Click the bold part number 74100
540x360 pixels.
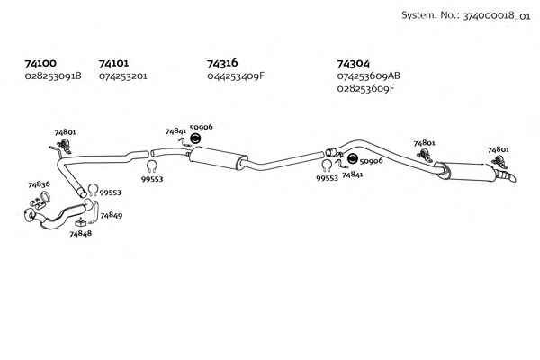(40, 63)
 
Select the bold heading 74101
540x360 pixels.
(113, 63)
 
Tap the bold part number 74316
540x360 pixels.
(222, 63)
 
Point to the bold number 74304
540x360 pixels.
(353, 64)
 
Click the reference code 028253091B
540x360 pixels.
(53, 76)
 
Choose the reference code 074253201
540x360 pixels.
(123, 76)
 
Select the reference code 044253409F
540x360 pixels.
(236, 76)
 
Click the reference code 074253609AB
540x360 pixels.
(368, 76)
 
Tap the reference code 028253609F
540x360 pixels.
(365, 88)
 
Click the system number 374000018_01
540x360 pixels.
(497, 16)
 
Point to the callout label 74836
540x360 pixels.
(39, 184)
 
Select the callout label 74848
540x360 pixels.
(81, 234)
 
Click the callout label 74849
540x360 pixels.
(112, 216)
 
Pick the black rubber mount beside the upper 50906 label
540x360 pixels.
(195, 139)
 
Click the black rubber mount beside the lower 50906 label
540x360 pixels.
(353, 158)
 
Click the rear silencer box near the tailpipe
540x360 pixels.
(468, 171)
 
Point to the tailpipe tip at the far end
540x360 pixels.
(512, 178)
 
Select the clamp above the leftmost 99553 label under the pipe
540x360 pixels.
(152, 166)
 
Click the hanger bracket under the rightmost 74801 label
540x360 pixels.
(499, 162)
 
